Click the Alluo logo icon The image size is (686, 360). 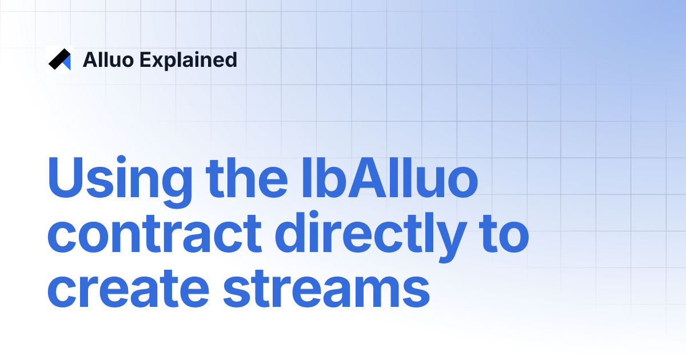coord(59,59)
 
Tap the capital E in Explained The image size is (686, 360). coord(145,59)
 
